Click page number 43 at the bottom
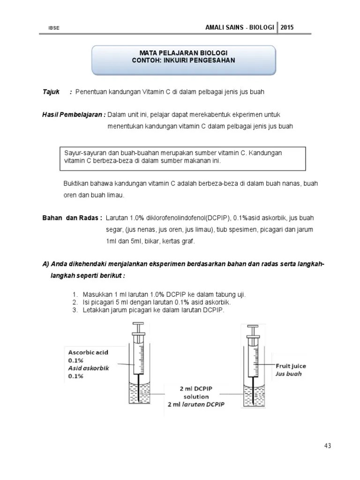327,446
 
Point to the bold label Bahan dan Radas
72,218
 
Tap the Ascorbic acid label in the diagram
87,352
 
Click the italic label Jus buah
288,374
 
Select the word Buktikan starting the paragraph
76,183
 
